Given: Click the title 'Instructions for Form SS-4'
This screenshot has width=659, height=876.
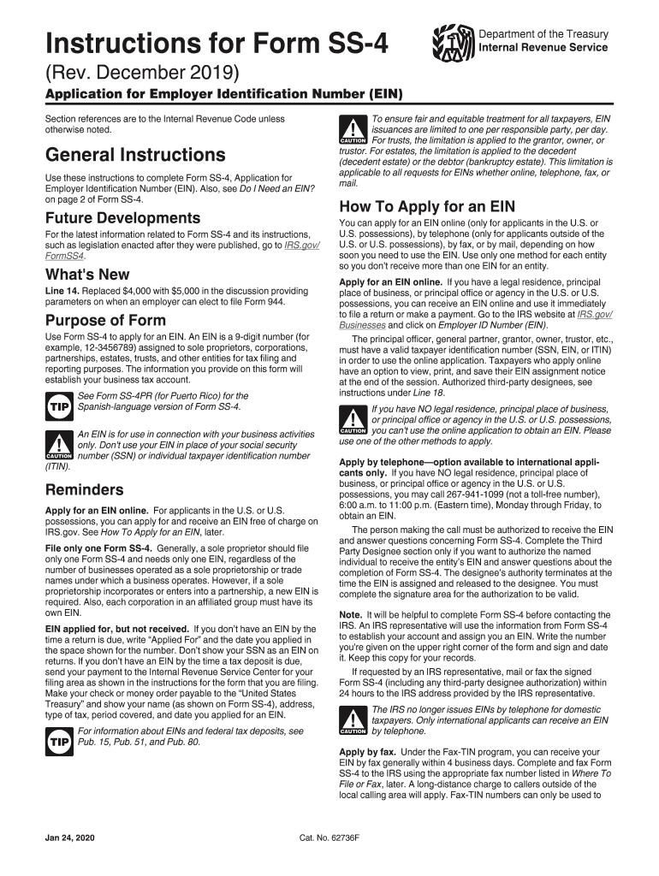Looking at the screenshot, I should point(218,41).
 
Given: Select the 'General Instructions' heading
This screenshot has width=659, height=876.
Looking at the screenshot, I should point(135,155).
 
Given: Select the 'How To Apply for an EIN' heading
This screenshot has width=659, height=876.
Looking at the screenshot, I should point(426,206).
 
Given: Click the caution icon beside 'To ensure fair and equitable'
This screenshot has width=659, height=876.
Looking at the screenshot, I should point(353,128).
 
